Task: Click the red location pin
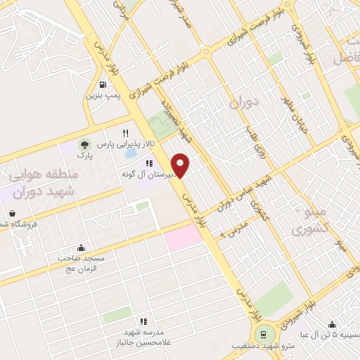pyautogui.click(x=181, y=165)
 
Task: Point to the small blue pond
pyautogui.click(x=130, y=152)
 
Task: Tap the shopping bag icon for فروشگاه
pyautogui.click(x=12, y=213)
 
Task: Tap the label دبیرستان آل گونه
pyautogui.click(x=143, y=174)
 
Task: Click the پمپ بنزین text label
pyautogui.click(x=105, y=95)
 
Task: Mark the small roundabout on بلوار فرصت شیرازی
pyautogui.click(x=206, y=51)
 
